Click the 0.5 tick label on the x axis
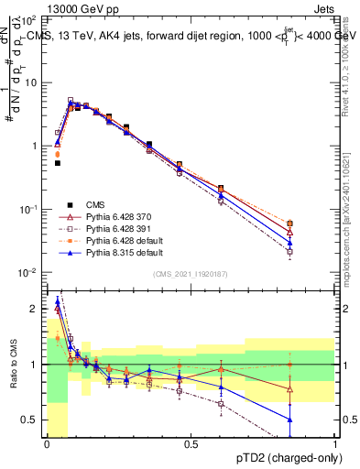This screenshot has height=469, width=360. click(x=191, y=444)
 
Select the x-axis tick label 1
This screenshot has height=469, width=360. click(x=335, y=444)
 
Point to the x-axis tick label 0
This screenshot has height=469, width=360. click(x=47, y=444)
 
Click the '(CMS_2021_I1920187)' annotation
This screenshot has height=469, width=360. click(x=191, y=273)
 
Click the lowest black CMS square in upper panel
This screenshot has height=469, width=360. click(x=58, y=163)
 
